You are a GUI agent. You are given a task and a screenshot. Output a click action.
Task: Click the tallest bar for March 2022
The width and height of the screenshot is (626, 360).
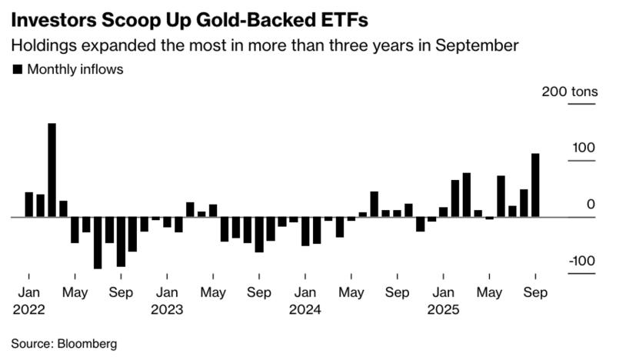tap(52, 170)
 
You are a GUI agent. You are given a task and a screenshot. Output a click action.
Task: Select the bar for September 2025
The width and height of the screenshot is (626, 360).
tap(535, 185)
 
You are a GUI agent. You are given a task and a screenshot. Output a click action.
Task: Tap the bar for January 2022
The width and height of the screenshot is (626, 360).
tap(28, 205)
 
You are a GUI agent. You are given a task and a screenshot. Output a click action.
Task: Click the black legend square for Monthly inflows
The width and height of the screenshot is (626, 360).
tap(17, 69)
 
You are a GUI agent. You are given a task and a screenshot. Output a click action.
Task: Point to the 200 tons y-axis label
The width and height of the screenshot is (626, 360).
tap(569, 92)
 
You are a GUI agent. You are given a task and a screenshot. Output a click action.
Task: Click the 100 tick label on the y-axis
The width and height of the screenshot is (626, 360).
tap(583, 148)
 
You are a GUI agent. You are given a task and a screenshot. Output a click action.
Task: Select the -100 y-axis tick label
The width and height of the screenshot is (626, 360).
tap(581, 261)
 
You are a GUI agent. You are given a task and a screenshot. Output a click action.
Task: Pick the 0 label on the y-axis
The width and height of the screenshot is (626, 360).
tap(591, 204)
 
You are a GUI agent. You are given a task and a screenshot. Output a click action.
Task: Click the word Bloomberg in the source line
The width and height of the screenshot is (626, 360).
tap(87, 343)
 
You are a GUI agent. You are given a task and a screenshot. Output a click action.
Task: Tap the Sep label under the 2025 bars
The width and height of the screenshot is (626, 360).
tap(535, 292)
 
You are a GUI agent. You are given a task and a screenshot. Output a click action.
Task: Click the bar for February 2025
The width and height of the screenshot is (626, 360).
tap(455, 198)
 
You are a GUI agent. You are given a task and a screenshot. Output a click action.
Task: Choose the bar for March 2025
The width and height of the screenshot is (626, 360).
tap(467, 195)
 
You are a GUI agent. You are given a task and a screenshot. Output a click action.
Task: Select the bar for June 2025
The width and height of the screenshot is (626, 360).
tap(501, 196)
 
